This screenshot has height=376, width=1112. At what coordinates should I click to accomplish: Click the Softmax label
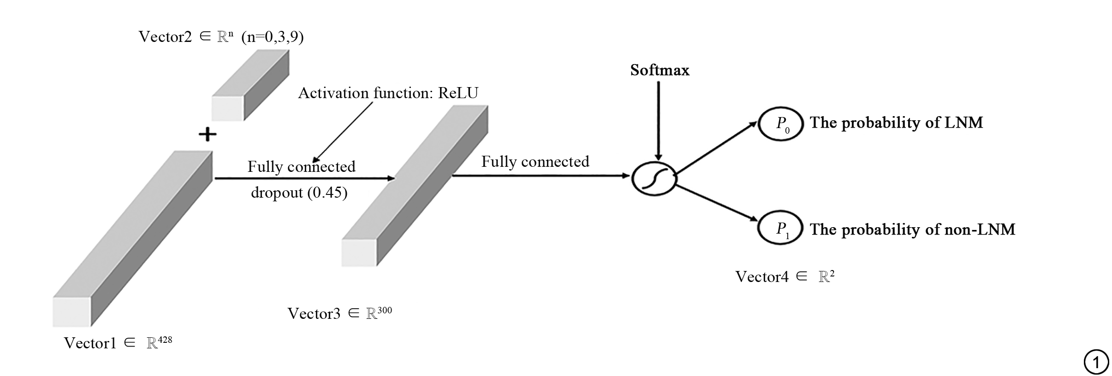point(660,70)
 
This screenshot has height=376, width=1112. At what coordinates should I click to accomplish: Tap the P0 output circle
point(781,123)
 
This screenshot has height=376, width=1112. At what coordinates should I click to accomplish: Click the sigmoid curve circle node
point(654,179)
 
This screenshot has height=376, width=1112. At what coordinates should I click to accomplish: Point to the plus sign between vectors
point(208,134)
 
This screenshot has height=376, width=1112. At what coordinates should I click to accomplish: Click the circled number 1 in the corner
point(1096,362)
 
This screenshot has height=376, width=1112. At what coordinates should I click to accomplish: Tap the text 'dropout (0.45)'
point(299,192)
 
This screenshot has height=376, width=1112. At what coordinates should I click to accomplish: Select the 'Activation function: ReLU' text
point(388,93)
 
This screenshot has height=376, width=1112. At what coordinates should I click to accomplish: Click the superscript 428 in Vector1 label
point(165,340)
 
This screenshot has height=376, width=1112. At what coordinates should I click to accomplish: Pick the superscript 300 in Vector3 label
point(384,310)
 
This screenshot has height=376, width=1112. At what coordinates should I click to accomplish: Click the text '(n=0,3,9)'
point(272,36)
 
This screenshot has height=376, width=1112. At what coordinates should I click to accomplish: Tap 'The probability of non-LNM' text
point(912,229)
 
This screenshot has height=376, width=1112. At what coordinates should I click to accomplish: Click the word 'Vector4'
point(761,276)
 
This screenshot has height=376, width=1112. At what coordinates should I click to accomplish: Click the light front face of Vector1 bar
point(71,312)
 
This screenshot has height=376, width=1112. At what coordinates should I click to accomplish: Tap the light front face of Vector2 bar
point(227,108)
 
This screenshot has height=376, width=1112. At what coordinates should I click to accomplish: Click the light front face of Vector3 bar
point(359,253)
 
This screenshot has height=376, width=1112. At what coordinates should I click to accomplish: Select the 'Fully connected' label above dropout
point(301,166)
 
